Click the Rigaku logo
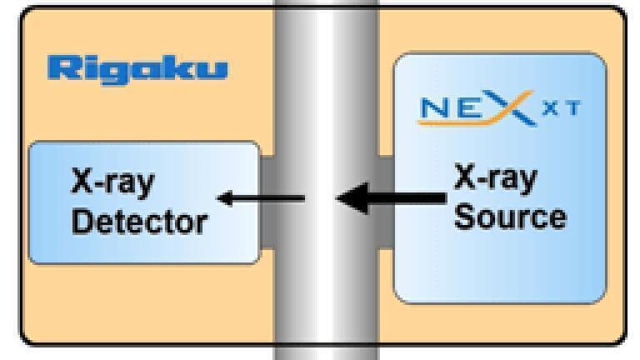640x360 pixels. coord(137,70)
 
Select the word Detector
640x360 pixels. coord(140,222)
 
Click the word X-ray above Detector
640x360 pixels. coord(113,182)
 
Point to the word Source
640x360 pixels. coord(510,217)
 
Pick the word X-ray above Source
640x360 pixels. coord(496,178)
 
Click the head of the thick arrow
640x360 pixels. coord(352,198)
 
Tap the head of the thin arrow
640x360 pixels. coord(225,199)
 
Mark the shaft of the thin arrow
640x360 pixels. coord(268,199)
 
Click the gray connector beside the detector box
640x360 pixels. coord(267,202)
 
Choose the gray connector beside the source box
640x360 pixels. coord(386,202)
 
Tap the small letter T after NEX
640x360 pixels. coord(573,108)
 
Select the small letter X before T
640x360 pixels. coord(551,108)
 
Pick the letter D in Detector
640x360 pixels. coord(82,221)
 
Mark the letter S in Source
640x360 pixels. coord(464,217)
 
